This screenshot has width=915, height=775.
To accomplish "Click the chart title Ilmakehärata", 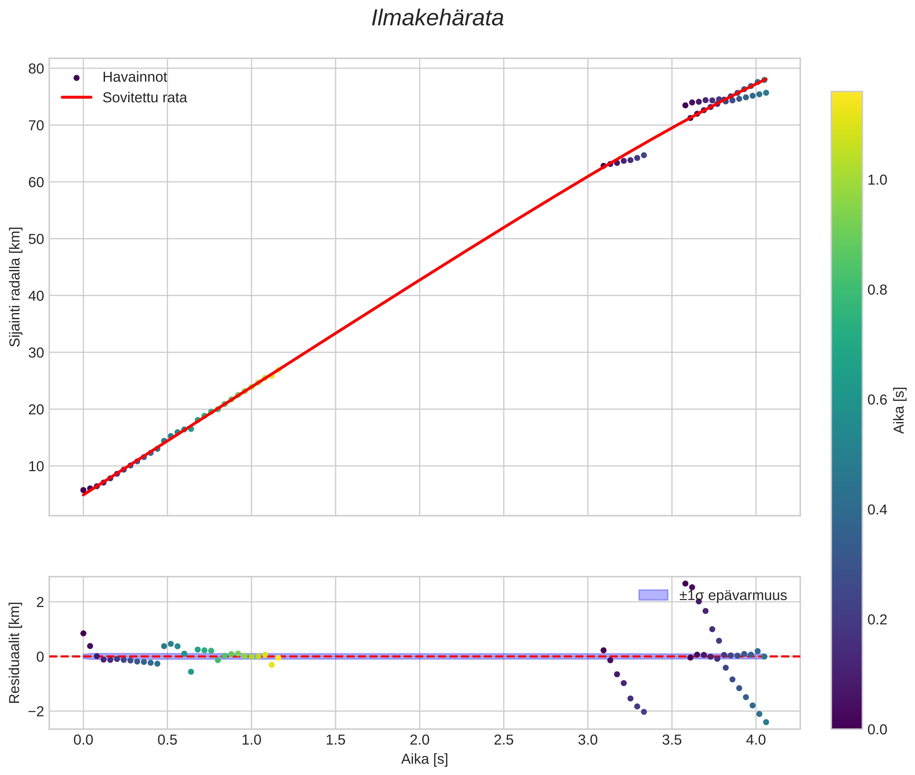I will coord(437,18).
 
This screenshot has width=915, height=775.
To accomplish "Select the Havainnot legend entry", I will coord(135,77).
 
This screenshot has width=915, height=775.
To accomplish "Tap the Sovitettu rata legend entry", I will coord(144,98).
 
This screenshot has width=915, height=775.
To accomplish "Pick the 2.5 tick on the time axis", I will coord(503,740).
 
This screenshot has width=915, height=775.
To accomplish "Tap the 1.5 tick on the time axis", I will coord(336,740).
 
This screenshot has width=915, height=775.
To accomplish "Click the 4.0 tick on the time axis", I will coord(756,740).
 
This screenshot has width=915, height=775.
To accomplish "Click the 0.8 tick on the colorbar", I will coord(877,290).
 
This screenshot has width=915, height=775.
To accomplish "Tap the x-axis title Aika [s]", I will coord(424,759).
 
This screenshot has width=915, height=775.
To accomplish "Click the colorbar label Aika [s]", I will coord(899,410).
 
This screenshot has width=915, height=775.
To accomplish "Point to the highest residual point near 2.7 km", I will coord(685,583).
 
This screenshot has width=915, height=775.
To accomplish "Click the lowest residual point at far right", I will coord(766,722).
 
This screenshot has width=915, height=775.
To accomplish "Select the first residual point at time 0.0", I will coord(83,633).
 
